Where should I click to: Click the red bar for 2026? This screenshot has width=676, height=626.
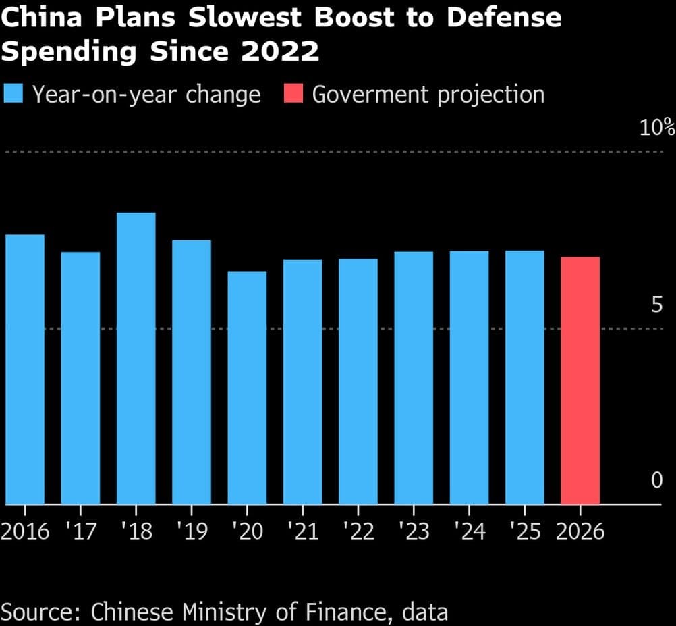(580, 380)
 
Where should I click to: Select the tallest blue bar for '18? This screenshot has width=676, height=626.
(136, 359)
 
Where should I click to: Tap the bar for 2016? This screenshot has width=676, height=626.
(25, 369)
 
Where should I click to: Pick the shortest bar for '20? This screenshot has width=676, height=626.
(247, 388)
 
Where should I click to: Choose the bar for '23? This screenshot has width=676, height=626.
(414, 378)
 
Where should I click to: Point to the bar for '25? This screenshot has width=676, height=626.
(525, 377)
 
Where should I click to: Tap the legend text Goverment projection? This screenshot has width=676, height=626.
(428, 95)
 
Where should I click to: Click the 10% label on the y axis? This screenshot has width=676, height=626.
(656, 127)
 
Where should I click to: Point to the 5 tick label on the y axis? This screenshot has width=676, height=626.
(656, 305)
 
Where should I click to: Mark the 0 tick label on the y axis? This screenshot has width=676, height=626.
(656, 480)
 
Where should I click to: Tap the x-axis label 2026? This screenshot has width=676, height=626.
(580, 531)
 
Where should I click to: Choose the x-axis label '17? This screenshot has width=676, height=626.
(80, 531)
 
